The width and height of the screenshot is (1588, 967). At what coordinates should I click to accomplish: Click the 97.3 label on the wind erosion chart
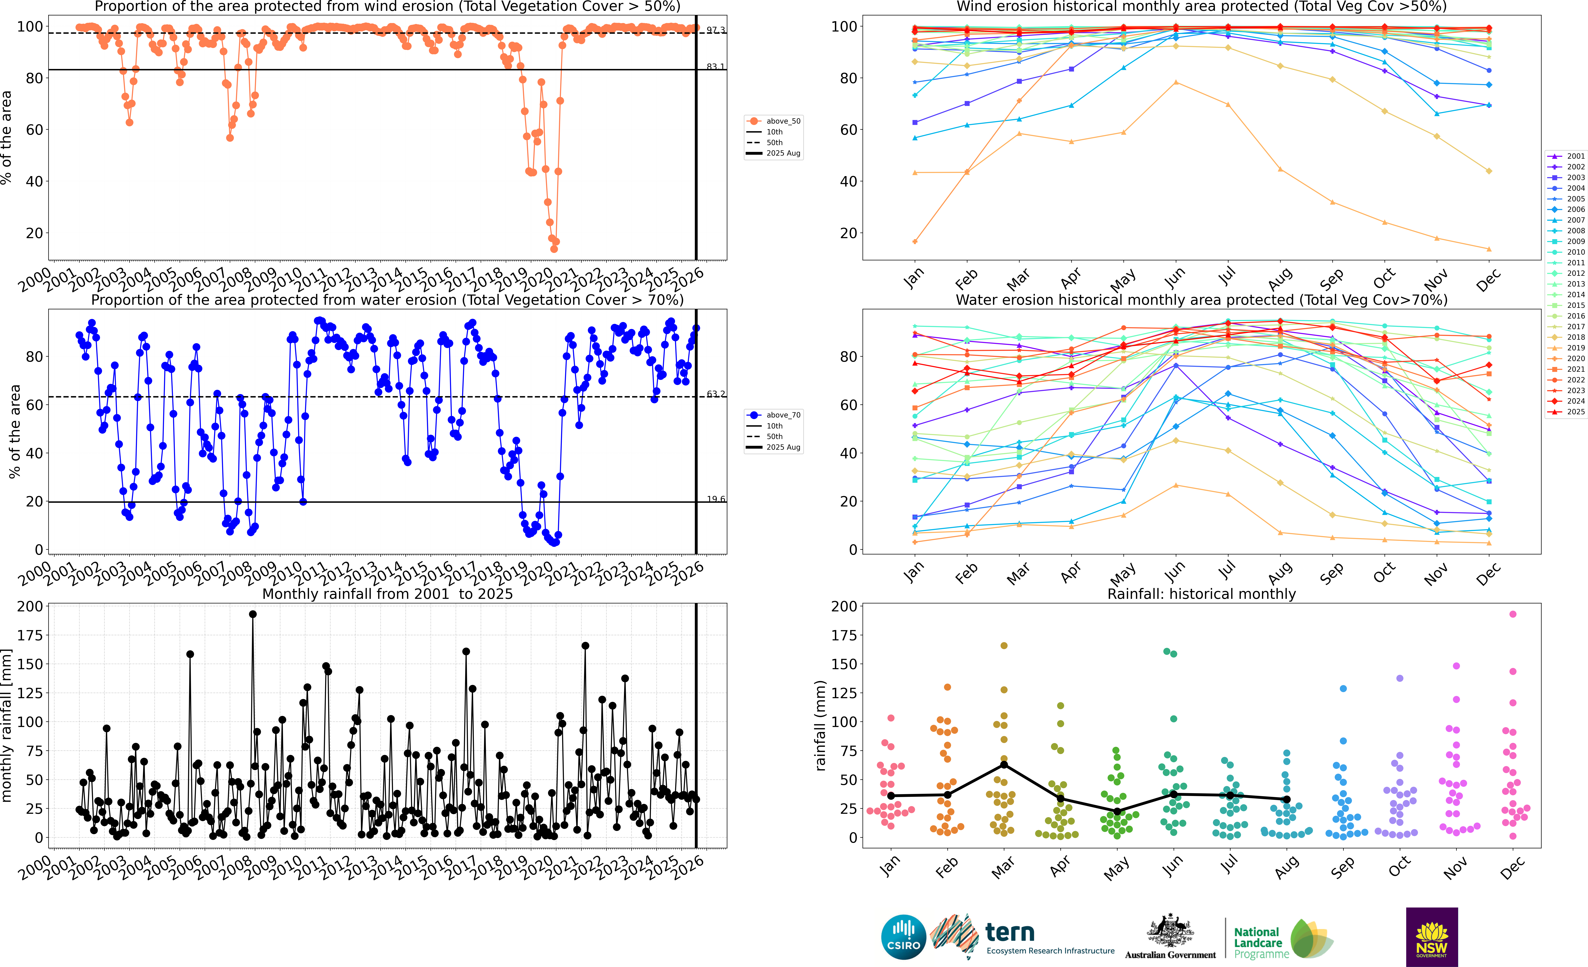click(x=715, y=30)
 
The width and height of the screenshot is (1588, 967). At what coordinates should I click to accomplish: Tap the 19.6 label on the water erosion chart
click(x=715, y=499)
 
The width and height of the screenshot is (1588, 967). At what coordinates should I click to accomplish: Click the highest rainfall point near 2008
click(x=253, y=614)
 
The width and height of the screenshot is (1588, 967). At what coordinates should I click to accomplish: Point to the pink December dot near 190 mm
click(x=1513, y=614)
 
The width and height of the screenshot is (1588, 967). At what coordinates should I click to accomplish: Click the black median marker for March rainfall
click(x=1003, y=765)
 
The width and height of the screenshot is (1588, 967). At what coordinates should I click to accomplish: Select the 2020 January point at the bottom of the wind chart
click(x=915, y=242)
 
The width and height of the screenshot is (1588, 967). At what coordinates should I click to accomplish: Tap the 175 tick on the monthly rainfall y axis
click(x=30, y=635)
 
